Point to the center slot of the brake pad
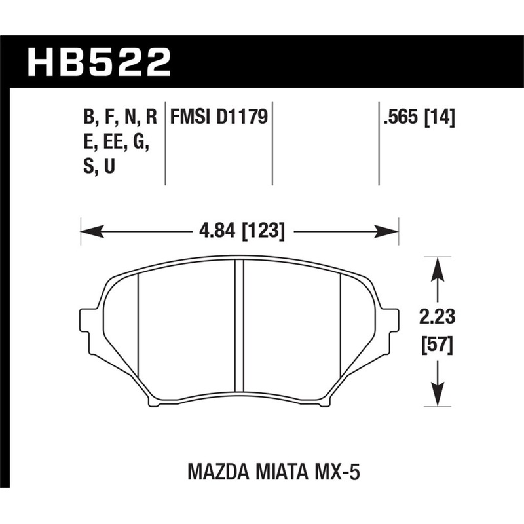(x=239, y=331)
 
